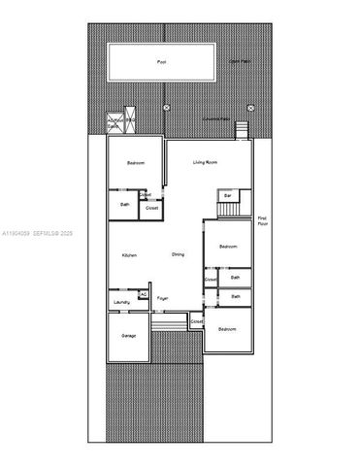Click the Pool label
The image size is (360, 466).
(161, 61)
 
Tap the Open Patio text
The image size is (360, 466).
(239, 61)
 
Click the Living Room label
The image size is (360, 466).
(204, 162)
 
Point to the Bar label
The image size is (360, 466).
(227, 195)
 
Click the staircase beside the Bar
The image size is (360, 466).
(228, 209)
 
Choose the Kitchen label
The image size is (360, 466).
(129, 254)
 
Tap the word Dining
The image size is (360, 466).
(179, 254)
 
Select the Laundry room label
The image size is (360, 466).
(121, 303)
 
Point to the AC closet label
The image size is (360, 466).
(143, 294)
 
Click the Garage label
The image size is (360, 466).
(128, 336)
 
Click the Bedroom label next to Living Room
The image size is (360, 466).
(136, 163)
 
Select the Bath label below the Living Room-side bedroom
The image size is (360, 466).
(125, 204)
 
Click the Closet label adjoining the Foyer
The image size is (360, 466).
(196, 321)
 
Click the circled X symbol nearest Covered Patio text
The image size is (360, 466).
(250, 107)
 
